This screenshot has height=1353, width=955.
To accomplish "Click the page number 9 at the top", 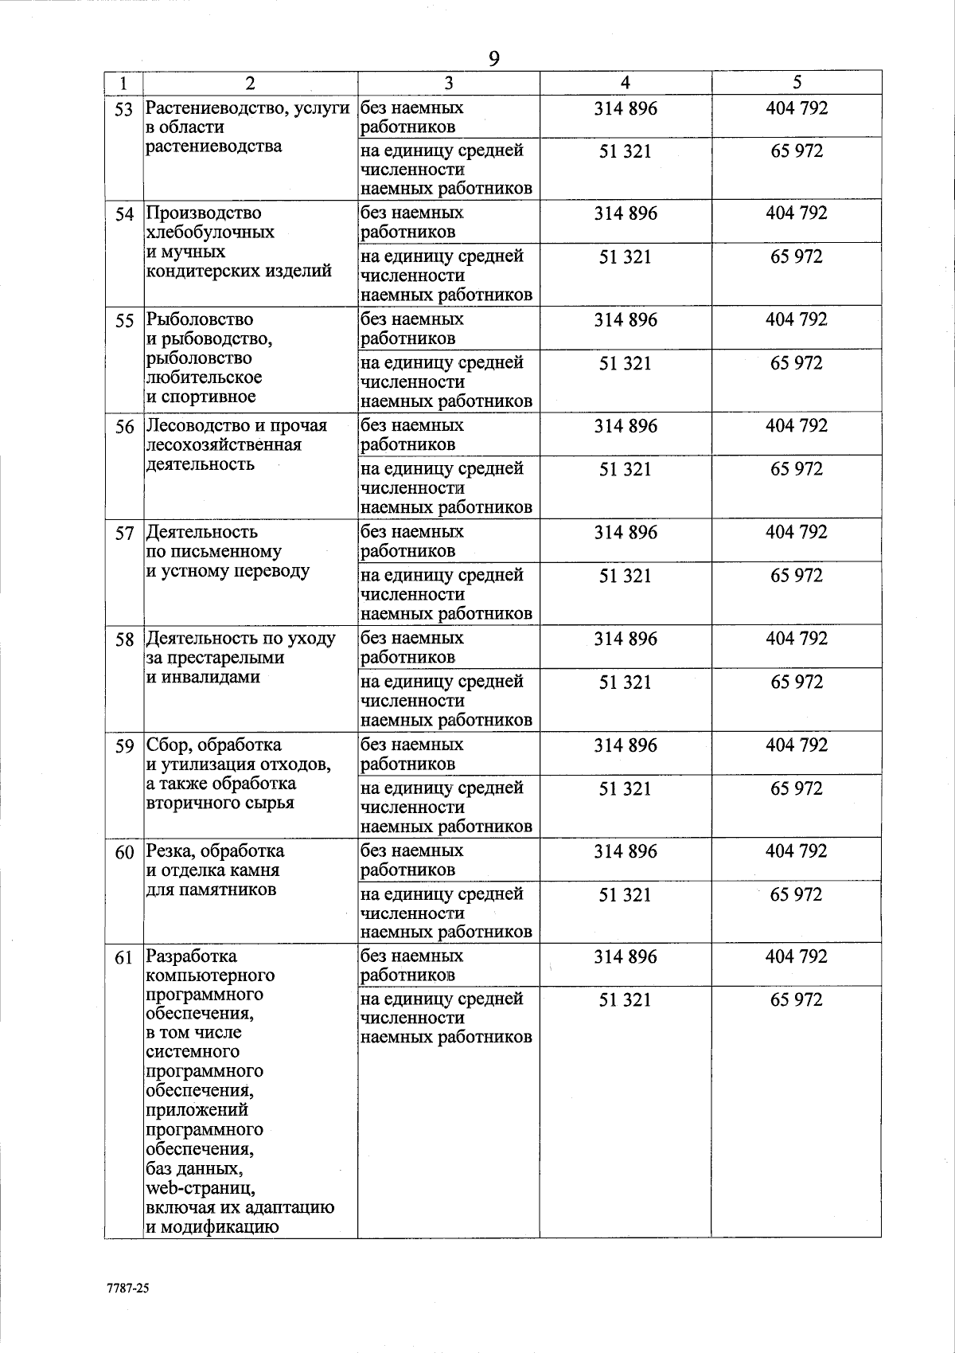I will click(493, 58).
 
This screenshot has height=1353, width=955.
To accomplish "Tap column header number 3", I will click(449, 83).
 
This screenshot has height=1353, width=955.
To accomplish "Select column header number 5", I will click(797, 83).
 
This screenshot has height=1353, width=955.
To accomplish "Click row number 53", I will click(123, 109).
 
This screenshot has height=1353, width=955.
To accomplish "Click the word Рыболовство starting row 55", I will click(200, 319).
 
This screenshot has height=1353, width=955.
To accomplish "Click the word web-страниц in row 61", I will click(200, 1189).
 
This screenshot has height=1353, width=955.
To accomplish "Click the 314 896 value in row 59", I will click(626, 745).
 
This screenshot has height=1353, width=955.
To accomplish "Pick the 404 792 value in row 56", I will click(797, 426).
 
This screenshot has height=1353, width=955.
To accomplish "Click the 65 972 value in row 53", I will click(797, 151).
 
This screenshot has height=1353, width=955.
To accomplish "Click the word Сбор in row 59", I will click(168, 745).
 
